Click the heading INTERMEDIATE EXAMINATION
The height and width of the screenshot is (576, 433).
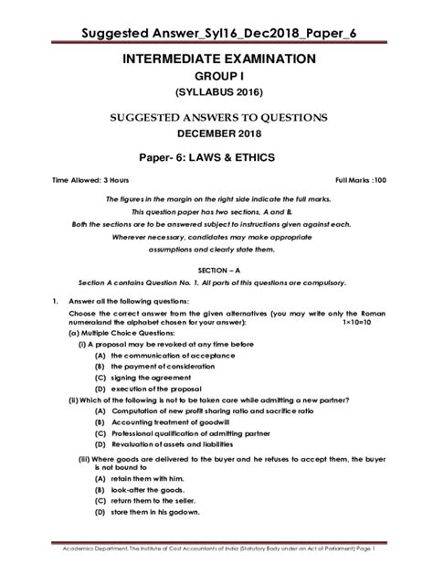216,59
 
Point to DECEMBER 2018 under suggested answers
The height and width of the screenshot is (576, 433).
216,133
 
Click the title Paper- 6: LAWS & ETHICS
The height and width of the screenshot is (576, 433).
216,156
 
